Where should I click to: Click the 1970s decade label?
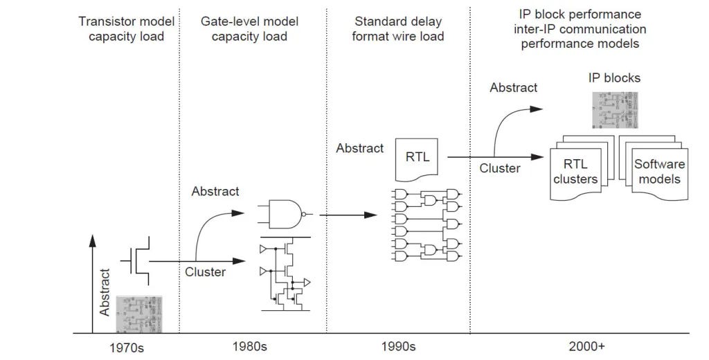(125, 347)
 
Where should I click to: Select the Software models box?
(658, 172)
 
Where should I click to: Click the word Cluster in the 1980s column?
(205, 272)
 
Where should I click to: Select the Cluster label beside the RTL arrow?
(500, 168)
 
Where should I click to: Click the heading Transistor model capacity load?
(126, 28)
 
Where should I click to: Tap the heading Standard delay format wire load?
(397, 28)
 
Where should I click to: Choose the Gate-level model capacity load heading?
(249, 28)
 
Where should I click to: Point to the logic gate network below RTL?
(426, 224)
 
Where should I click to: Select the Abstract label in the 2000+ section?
(513, 87)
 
